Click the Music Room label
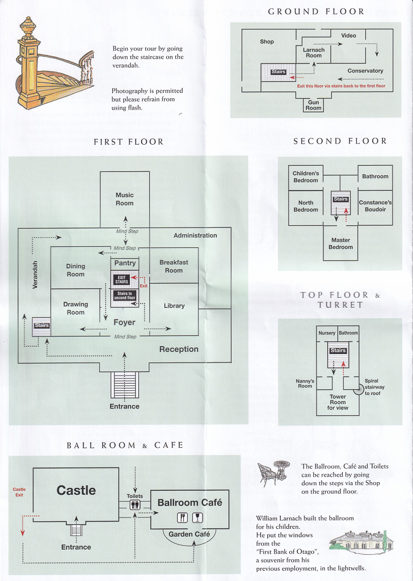[x=125, y=199]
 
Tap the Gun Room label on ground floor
[x=313, y=106]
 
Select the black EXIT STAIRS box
[x=123, y=279]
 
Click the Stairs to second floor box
[x=124, y=295]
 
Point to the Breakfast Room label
[x=174, y=267]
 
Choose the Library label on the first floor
[x=174, y=306]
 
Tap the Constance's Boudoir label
[x=375, y=206]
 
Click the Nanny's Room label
[x=305, y=384]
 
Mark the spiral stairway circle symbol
[x=358, y=389]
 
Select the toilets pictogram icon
[x=135, y=506]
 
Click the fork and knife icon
[x=183, y=517]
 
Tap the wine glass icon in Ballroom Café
[x=196, y=517]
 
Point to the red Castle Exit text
[x=19, y=492]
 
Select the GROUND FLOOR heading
[x=316, y=11]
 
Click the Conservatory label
[x=365, y=71]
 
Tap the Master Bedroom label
[x=340, y=243]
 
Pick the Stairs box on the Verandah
[x=41, y=326]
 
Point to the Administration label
[x=195, y=235]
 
